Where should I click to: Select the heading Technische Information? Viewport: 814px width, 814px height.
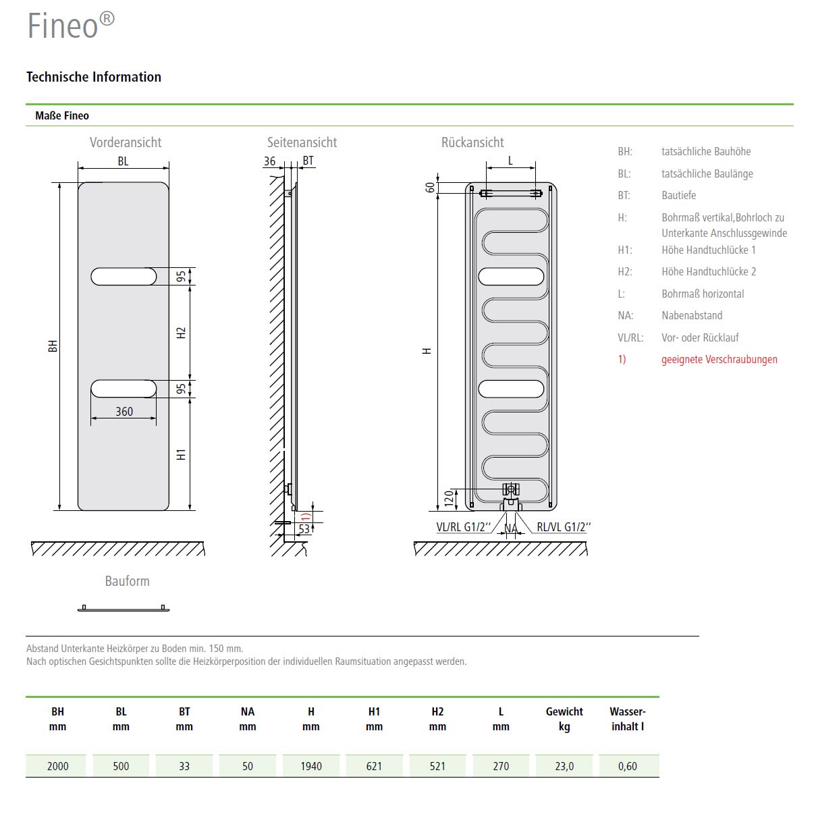point(94,77)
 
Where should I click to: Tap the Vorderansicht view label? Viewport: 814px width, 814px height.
point(126,142)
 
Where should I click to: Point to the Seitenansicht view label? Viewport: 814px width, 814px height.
point(302,142)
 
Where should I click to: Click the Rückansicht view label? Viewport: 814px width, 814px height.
point(472,142)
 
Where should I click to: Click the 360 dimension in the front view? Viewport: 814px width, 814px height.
point(124,411)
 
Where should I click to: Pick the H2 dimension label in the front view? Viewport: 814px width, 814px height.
point(181,333)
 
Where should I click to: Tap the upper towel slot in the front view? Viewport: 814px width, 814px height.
point(124,276)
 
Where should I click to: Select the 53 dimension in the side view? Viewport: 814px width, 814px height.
point(304,529)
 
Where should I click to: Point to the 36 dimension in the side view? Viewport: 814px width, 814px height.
point(269,161)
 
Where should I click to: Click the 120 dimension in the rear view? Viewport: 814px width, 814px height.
point(448,499)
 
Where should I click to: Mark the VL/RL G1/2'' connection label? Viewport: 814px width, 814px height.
point(463,527)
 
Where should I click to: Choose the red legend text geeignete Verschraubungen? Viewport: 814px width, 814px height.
point(719,359)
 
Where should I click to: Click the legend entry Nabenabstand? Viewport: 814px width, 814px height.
point(692,315)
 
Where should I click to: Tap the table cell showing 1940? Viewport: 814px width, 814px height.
point(311,766)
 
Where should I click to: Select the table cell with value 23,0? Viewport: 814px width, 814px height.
point(564,766)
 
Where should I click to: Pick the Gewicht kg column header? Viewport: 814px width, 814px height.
point(564,719)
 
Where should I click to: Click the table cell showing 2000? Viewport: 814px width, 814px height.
point(58,766)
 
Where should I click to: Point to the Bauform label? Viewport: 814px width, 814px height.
point(127,581)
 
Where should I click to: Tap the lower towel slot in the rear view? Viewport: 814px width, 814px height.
point(511,389)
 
